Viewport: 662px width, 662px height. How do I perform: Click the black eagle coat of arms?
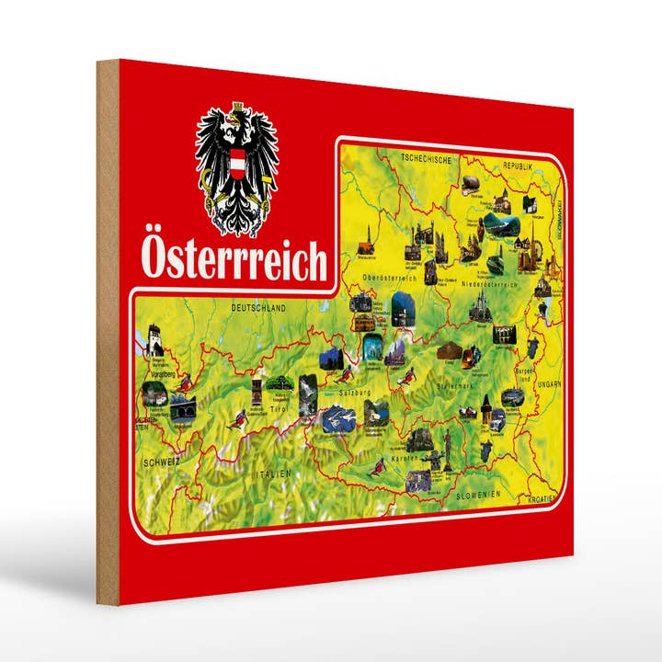tap(236, 169)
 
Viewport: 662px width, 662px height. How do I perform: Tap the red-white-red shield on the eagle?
tap(237, 165)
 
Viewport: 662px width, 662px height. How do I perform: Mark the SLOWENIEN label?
tap(478, 495)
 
